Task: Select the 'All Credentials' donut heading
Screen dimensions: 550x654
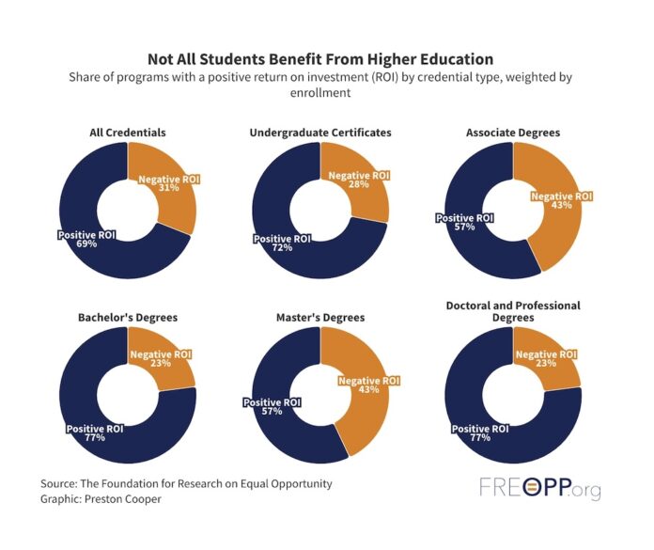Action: point(127,133)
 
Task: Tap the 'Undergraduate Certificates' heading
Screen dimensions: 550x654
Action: point(319,133)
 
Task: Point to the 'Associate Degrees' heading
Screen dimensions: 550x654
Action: point(512,133)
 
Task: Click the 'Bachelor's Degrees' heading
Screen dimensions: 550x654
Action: point(127,318)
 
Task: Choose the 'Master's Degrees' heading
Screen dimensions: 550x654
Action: point(319,318)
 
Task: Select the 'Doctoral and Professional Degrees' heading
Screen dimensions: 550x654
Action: point(512,311)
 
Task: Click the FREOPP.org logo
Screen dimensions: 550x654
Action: point(539,489)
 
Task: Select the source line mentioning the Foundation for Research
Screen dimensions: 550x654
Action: point(186,483)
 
